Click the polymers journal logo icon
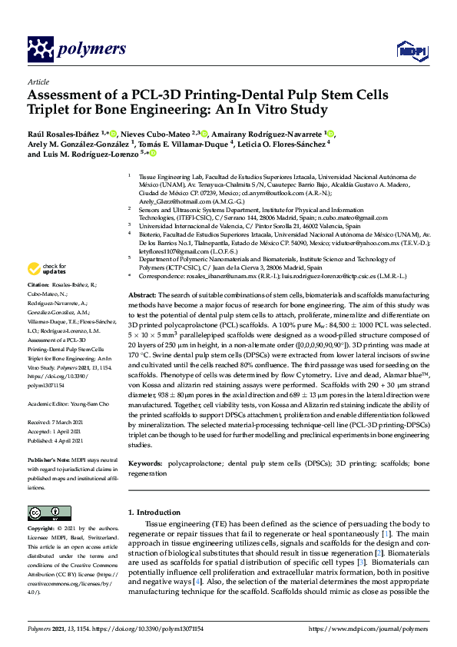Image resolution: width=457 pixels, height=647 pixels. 38,48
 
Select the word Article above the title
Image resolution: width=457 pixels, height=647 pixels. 38,81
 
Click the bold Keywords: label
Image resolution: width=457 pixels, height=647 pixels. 146,465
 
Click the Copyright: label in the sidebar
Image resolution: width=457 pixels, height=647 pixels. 45,529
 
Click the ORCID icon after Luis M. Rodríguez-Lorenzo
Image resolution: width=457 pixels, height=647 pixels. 152,154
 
